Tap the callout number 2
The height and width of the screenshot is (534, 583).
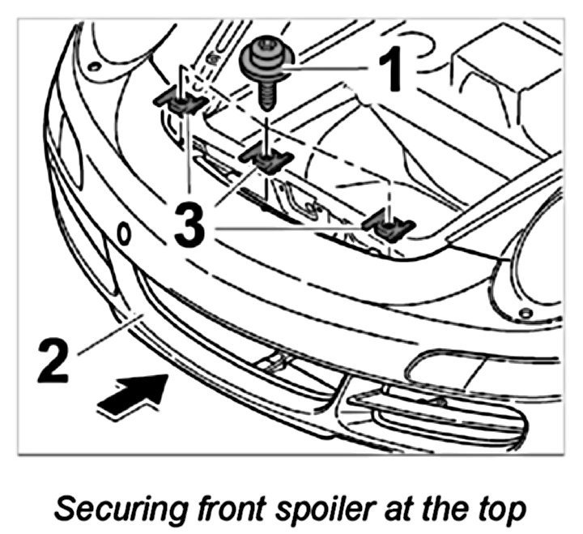[x=58, y=361]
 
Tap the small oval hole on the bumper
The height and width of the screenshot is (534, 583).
[x=124, y=235]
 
